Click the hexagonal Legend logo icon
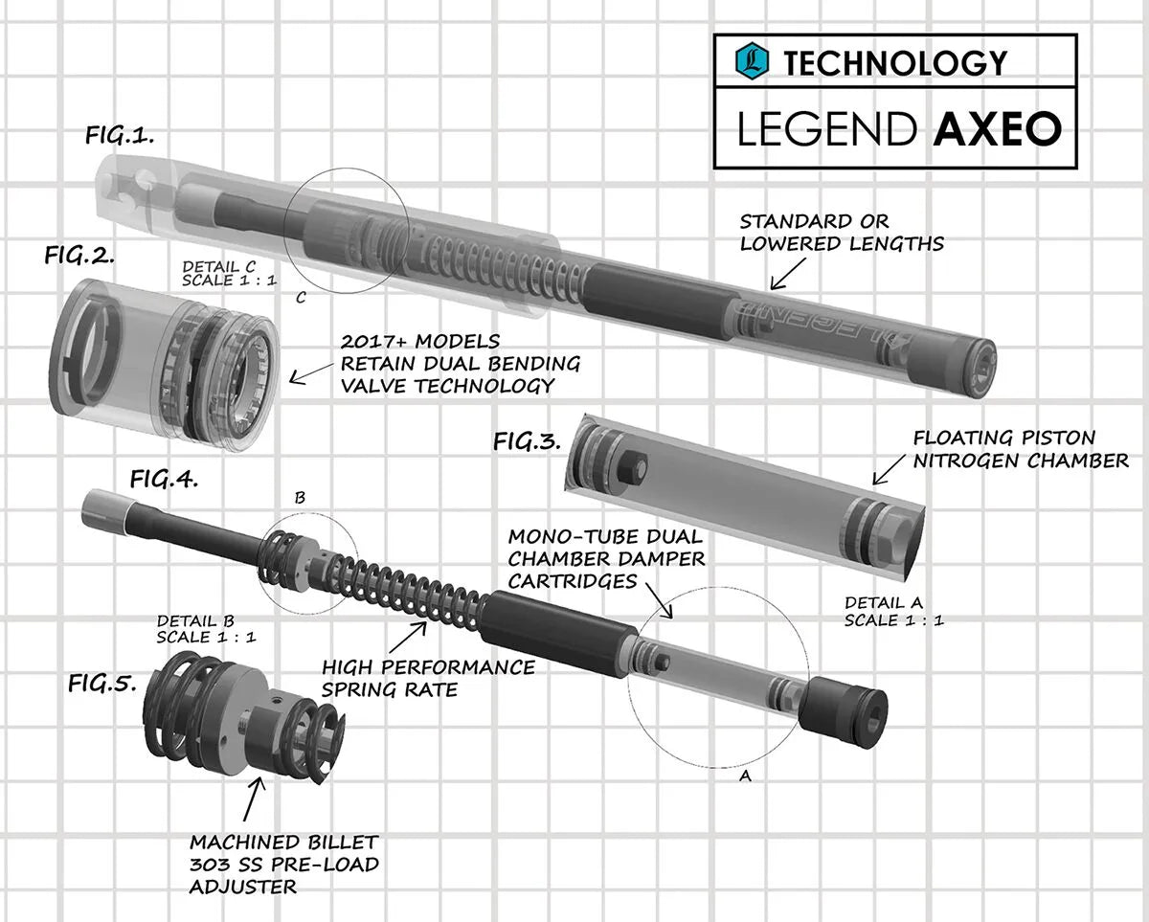754,61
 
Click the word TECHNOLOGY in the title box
895,63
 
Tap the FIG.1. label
120,136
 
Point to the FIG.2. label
79,256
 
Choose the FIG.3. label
527,440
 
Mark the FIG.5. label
102,684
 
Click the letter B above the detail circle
300,498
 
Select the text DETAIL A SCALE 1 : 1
894,611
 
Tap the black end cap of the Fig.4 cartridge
847,712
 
